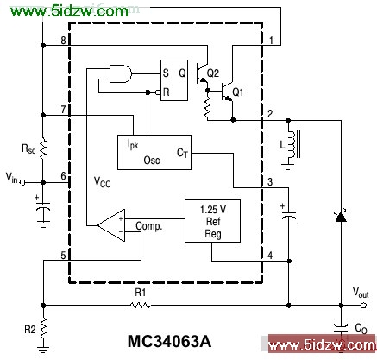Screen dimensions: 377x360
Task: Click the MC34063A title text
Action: click(x=170, y=342)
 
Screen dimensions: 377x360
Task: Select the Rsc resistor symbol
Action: click(x=42, y=148)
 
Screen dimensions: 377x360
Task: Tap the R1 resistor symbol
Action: click(x=141, y=305)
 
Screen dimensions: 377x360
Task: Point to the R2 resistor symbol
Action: click(x=43, y=329)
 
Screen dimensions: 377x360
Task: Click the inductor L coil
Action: click(x=292, y=144)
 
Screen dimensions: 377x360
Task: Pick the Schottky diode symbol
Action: click(x=341, y=217)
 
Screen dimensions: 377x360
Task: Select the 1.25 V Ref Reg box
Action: click(x=212, y=221)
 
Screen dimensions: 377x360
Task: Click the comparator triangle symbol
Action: click(x=111, y=225)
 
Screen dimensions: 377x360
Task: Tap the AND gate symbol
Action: click(x=121, y=74)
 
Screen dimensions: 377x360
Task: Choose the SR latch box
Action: click(x=174, y=80)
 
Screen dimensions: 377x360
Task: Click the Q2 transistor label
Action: click(x=213, y=73)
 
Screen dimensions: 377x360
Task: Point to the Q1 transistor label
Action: click(x=237, y=92)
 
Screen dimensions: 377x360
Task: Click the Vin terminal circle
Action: click(x=22, y=182)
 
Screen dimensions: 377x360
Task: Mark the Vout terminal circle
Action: click(x=364, y=305)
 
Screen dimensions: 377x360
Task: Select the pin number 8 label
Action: click(x=63, y=40)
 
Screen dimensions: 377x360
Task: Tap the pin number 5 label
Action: click(x=63, y=256)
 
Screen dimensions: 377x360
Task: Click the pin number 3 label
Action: click(x=270, y=182)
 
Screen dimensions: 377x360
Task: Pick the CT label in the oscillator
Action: click(x=182, y=153)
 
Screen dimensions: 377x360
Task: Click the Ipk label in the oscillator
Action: click(x=133, y=143)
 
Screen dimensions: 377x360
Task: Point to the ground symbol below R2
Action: click(x=43, y=350)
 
